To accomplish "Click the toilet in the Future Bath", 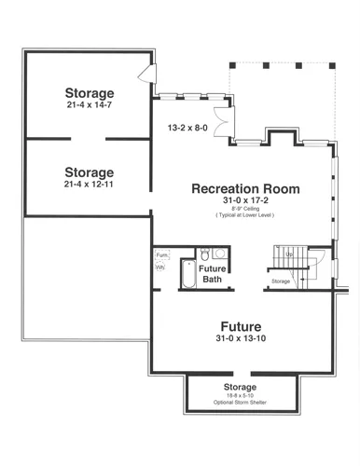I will (x=202, y=253).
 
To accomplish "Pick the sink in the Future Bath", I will (x=218, y=253).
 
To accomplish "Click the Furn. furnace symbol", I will (x=161, y=254).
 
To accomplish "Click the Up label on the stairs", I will (x=289, y=254).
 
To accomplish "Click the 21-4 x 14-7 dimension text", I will (x=90, y=105).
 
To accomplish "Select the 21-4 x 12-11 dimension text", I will (x=90, y=185).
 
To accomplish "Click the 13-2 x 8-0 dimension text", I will (x=187, y=126).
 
